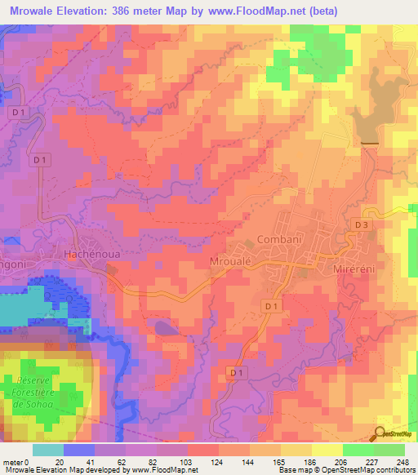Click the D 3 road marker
coord(362,224)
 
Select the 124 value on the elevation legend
coord(193,461)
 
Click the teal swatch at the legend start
coord(47,450)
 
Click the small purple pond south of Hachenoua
coord(166,328)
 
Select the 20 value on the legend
coord(59,461)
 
